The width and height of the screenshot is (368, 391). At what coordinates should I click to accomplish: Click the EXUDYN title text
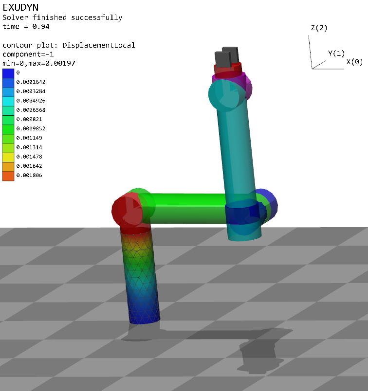click(20, 7)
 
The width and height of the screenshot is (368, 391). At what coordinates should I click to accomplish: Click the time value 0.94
click(41, 26)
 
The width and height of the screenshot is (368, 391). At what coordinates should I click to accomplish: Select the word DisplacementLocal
click(99, 45)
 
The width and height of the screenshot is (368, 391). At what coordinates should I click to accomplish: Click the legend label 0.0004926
click(31, 101)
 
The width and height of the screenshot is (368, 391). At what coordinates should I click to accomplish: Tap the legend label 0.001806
click(29, 175)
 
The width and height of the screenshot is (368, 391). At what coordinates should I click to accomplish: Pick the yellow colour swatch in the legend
click(8, 157)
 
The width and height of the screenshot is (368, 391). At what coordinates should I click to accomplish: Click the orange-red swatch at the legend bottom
click(8, 176)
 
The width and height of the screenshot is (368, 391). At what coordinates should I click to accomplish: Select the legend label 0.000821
click(29, 119)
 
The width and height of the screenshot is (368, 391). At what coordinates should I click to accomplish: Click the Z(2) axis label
click(319, 28)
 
